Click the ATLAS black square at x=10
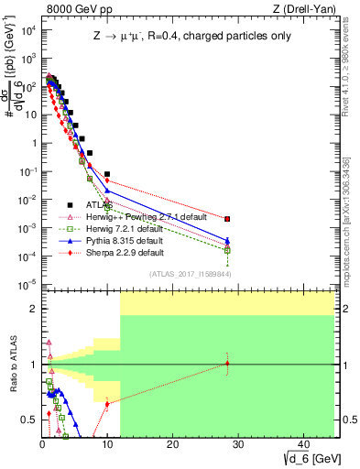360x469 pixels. coord(107,173)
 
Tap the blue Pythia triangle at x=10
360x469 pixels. coord(107,191)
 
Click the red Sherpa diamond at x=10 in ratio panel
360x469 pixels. coord(107,403)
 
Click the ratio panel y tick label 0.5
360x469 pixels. coord(31,420)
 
